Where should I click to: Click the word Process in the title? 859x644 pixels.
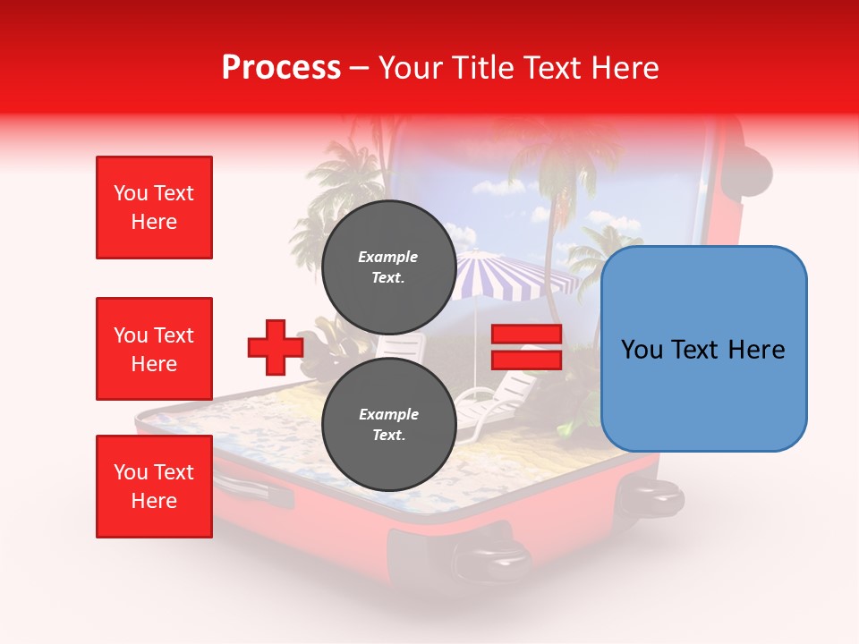[x=281, y=68]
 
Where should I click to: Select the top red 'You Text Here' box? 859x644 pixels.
[x=154, y=208]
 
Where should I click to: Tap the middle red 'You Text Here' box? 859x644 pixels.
[x=154, y=349]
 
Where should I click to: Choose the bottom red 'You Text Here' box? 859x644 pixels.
[x=154, y=486]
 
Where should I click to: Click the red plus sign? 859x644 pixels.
[x=275, y=347]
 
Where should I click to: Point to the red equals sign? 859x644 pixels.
[x=526, y=347]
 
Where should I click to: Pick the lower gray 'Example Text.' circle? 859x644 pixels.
[x=388, y=424]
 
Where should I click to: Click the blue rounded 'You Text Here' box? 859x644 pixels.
[x=703, y=349]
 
